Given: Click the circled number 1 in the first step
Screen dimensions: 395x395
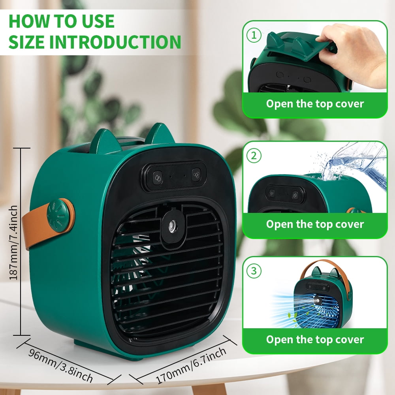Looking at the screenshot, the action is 254,35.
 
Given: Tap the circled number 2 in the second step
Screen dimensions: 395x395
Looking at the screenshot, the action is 254,156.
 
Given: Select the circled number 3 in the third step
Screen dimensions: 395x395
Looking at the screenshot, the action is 254,271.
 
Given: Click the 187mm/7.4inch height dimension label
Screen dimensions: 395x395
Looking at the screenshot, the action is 13,243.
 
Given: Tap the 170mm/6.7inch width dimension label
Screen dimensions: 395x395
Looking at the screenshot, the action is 191,365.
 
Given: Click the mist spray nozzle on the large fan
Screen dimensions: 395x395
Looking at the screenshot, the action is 173,225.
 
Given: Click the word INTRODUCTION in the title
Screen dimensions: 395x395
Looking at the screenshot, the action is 115,42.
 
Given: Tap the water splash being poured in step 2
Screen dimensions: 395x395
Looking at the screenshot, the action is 353,164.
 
